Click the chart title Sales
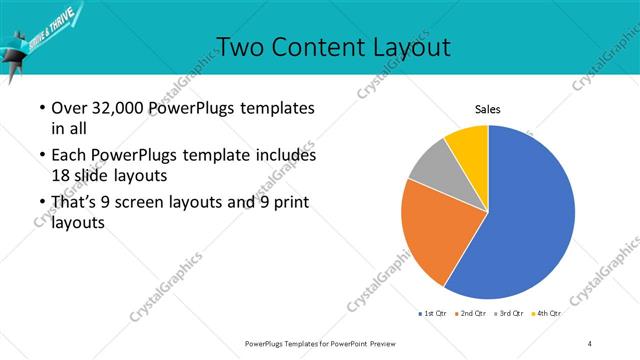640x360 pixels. click(x=487, y=109)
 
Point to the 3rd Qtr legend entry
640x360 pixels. click(x=509, y=314)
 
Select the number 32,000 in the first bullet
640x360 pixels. click(x=117, y=108)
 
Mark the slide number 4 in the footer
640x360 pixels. click(x=590, y=343)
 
